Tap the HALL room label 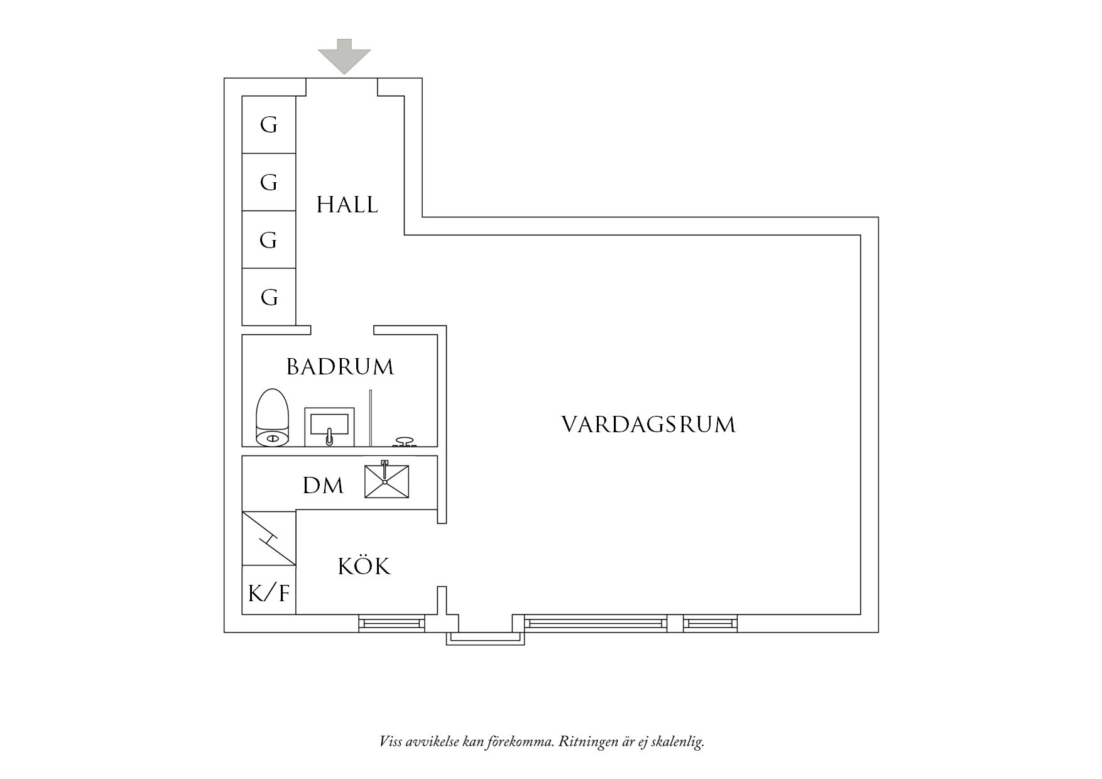tap(347, 205)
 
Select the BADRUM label tap(340, 367)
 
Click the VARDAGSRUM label tap(648, 425)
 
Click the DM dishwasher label tap(323, 486)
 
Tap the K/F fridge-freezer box tap(269, 590)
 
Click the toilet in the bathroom tap(272, 418)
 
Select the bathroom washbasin tap(329, 427)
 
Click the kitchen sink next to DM tap(386, 482)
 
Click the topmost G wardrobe tap(269, 124)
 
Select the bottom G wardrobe tap(269, 297)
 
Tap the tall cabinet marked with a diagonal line tap(269, 538)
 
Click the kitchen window tap(391, 623)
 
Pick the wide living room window tap(596, 623)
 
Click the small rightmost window tap(710, 623)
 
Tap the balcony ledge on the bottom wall tap(485, 638)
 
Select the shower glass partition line tap(371, 418)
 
